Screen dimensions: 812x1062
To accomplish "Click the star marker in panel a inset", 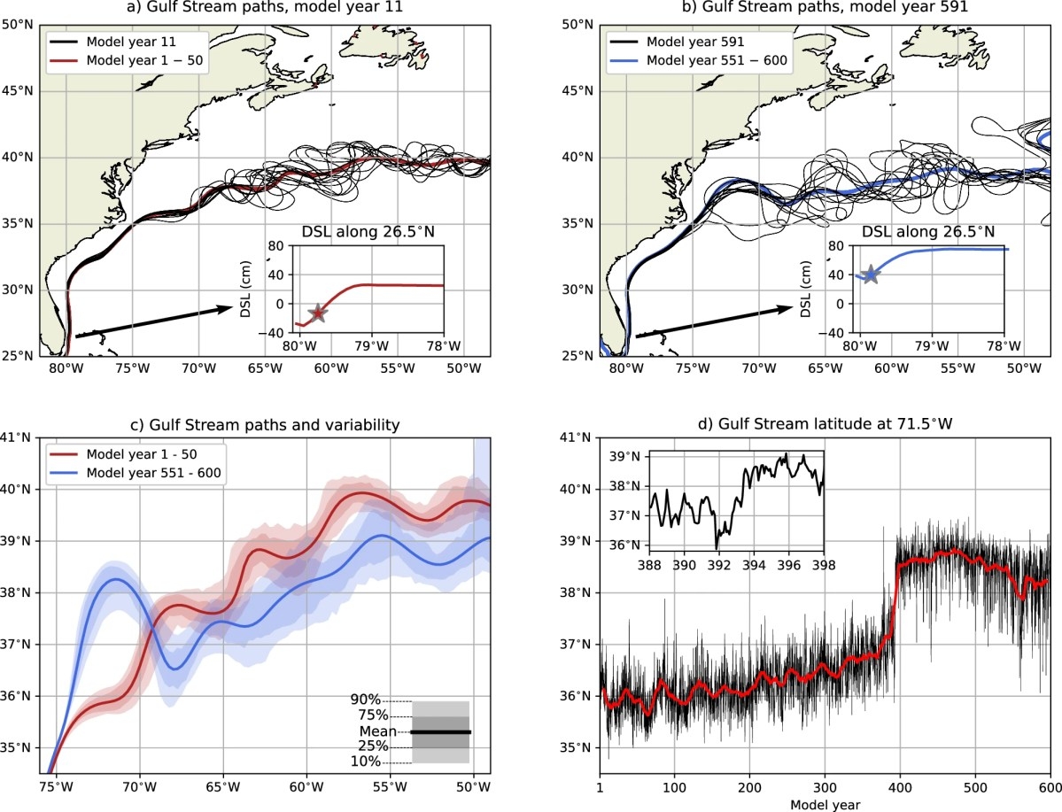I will (x=317, y=313).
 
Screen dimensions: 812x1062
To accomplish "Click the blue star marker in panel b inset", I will (x=871, y=275).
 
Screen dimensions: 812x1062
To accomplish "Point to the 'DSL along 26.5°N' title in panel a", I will (x=371, y=233).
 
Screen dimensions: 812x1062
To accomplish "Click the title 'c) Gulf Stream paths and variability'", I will (x=266, y=424).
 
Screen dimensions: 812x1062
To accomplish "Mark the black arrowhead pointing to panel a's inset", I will (x=225, y=309).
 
